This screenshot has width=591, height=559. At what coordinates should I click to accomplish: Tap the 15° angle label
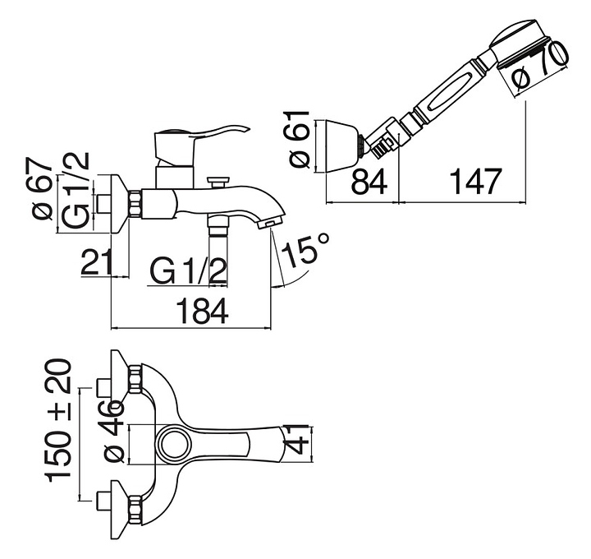coord(309,249)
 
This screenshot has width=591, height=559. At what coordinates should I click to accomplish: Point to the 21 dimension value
coord(96,263)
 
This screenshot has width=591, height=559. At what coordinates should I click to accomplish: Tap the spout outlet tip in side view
coord(269,224)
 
